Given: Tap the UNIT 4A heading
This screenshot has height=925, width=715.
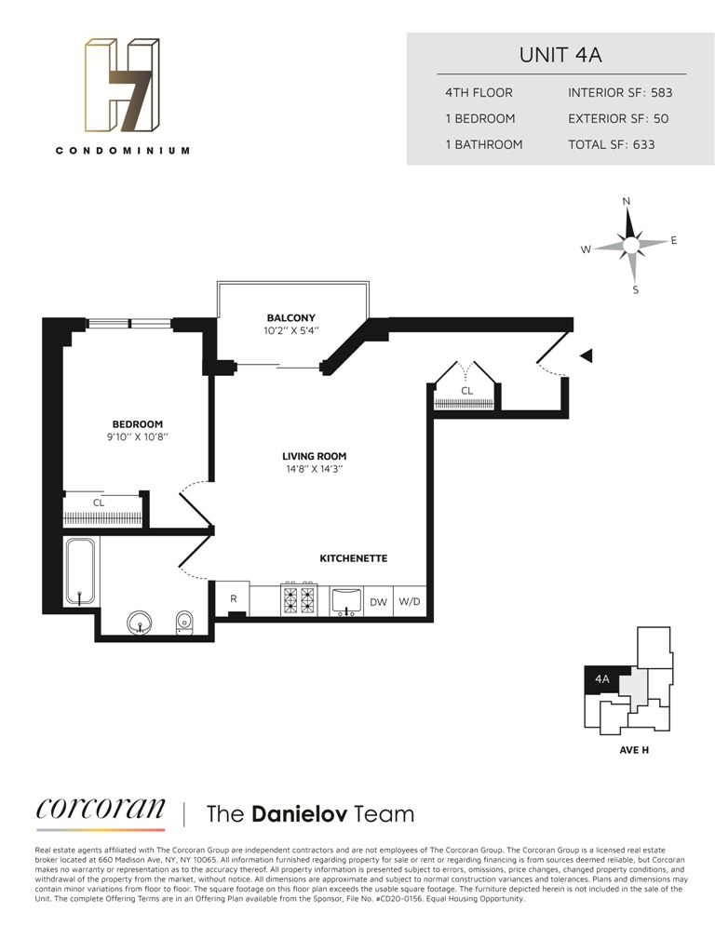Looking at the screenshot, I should pos(560,54).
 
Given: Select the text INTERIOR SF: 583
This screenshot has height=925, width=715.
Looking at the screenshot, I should pos(620,93).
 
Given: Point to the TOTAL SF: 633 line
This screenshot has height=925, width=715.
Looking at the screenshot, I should pos(612,144).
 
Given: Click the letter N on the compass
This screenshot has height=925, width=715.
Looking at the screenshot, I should pos(627,202).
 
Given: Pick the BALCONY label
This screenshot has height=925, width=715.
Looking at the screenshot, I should pos(291,317).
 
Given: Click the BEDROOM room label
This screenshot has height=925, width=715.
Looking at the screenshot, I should pos(139,424).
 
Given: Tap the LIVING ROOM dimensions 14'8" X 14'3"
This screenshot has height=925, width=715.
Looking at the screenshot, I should pos(315,470).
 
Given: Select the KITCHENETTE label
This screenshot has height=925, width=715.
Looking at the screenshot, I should pos(353,558).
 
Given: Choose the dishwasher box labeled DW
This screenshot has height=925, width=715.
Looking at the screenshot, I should pos(378,602).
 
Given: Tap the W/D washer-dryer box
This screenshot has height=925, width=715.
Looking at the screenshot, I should pos(410,602).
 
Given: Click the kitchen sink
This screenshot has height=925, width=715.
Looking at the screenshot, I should pos(346,600).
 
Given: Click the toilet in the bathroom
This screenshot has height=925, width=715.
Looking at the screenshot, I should pos(184,622).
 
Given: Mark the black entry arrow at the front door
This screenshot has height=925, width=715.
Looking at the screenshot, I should pos(586,355).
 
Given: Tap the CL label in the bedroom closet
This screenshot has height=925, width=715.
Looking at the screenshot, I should pos(99,503).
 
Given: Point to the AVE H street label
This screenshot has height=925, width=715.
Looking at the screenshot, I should pos(633,749).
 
